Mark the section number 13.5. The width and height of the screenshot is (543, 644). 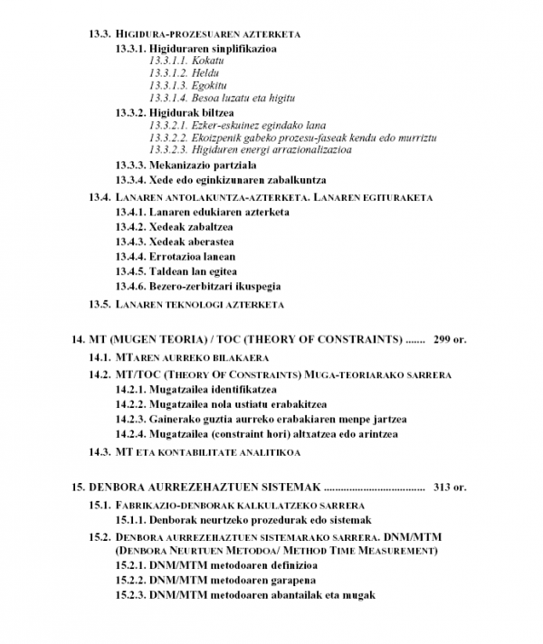(99, 304)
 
